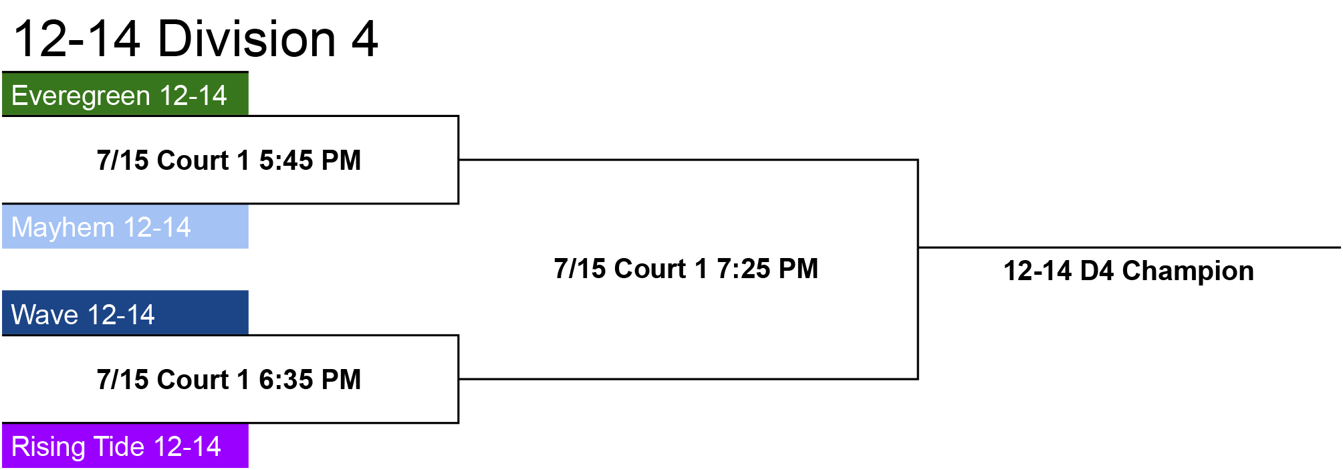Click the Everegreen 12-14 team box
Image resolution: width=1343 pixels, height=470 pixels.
125,94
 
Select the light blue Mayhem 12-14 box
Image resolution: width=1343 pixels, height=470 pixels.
125,227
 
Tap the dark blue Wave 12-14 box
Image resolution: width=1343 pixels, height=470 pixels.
125,313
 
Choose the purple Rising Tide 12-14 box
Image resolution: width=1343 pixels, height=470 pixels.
125,446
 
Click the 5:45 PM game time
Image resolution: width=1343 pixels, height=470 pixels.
310,160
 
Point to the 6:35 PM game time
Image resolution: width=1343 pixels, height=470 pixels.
310,380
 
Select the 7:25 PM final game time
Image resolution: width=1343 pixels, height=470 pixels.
767,269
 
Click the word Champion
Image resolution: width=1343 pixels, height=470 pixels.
1188,271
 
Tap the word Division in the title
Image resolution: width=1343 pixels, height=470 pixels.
247,39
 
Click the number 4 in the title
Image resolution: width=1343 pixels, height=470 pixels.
365,39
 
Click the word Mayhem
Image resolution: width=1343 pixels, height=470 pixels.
63,228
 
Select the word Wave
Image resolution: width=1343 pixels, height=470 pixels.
45,314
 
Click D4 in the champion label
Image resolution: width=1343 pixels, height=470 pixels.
1097,271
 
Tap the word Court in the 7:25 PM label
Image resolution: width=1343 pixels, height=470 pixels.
650,269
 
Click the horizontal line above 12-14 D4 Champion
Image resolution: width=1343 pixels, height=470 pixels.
1130,247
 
